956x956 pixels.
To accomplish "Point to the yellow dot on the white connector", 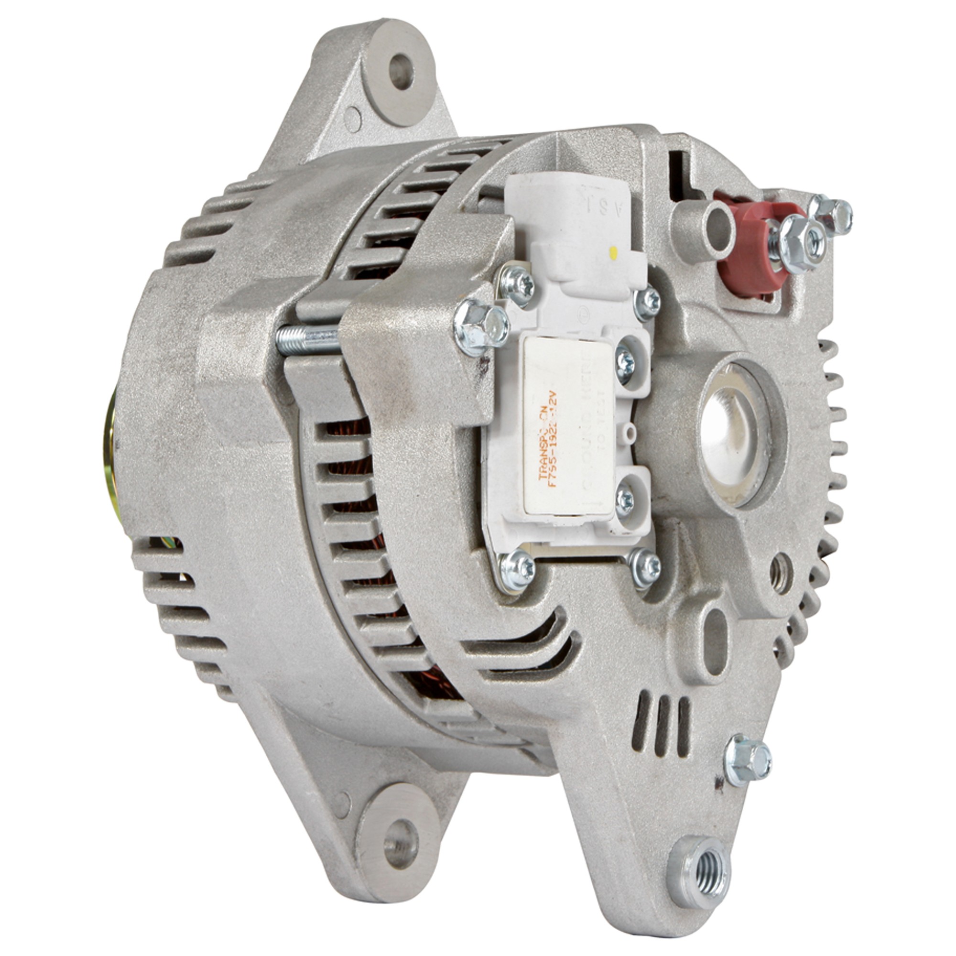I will pyautogui.click(x=614, y=254).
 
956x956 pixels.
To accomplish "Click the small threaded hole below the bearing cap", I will pyautogui.click(x=780, y=574).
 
